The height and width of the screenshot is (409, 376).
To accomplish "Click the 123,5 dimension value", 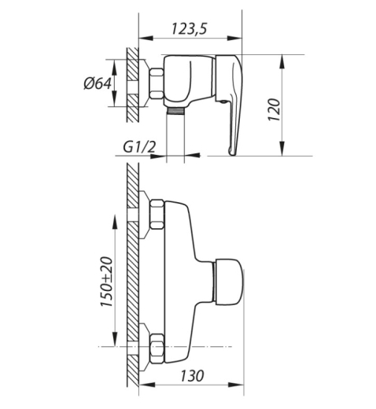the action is click(x=190, y=28).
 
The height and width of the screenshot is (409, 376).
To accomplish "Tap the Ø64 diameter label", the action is click(x=98, y=83).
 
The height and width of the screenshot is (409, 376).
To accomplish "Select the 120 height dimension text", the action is click(x=274, y=109).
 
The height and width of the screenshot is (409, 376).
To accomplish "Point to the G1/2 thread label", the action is click(x=139, y=148).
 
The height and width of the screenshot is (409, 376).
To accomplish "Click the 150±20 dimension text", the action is click(x=106, y=282).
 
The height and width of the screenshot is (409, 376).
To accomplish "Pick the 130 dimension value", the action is click(x=192, y=376).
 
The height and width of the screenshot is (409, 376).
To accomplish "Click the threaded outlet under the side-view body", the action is click(x=175, y=111).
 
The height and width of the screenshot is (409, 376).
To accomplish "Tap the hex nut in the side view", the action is click(x=157, y=83).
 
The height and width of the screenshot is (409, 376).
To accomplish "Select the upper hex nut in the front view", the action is click(x=157, y=214).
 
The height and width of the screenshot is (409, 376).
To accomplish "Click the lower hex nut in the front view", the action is click(x=157, y=348).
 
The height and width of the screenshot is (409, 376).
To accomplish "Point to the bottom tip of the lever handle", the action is click(x=232, y=154).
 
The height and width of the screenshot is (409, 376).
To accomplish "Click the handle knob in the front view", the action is click(x=228, y=282).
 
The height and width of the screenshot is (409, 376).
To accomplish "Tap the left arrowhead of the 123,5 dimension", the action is click(x=146, y=39).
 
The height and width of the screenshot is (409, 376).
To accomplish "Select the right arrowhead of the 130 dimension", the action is click(x=236, y=385).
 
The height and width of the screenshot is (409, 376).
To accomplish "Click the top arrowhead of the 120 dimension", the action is click(x=282, y=62).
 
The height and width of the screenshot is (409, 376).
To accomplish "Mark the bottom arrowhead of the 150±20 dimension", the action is click(x=115, y=339).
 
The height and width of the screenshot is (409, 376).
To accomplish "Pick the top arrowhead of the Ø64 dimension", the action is click(x=114, y=66).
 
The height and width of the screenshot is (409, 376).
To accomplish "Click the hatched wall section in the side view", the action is click(x=133, y=84).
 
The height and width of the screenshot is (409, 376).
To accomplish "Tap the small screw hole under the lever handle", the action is click(x=223, y=101).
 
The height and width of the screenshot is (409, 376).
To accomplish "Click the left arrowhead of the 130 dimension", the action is click(x=146, y=385).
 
